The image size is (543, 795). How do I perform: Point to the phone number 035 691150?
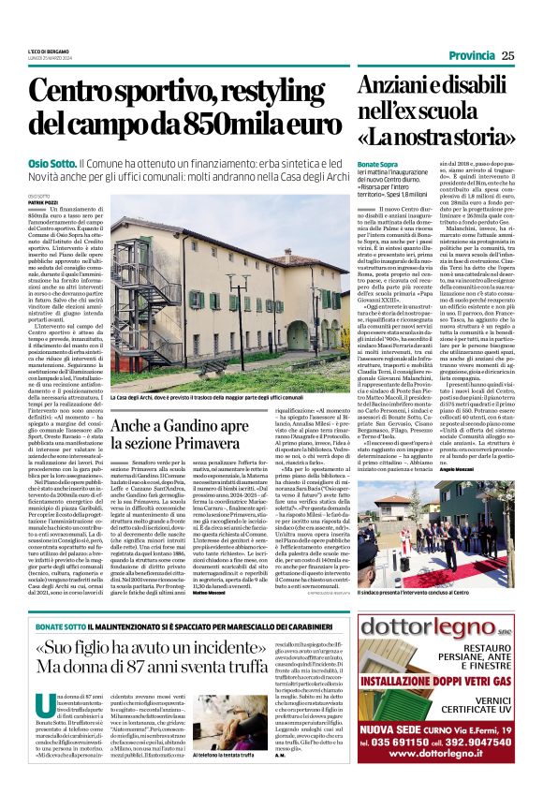click(x=395, y=758)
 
